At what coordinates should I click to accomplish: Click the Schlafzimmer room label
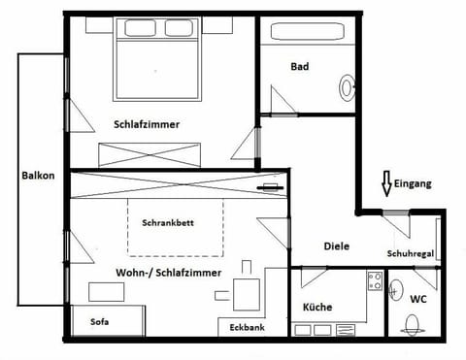[147, 125]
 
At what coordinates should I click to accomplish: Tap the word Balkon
[38, 177]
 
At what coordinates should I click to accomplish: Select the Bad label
[300, 67]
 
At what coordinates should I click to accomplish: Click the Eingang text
[414, 182]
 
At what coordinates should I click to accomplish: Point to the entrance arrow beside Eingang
[385, 183]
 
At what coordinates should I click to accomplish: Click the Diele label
[336, 246]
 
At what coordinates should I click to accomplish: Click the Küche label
[316, 308]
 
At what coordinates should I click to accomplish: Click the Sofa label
[100, 322]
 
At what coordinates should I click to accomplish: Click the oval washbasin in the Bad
[347, 88]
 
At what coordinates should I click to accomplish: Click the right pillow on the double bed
[179, 28]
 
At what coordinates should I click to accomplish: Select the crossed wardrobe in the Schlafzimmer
[150, 153]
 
